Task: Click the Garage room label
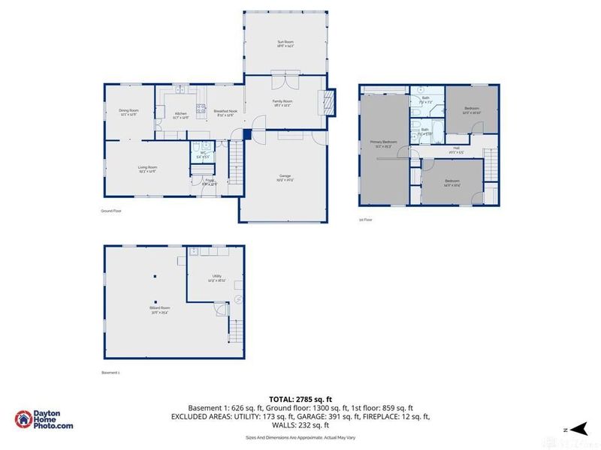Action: (285, 177)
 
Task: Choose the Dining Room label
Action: (128, 112)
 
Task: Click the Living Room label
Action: (147, 169)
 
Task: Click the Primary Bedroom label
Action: (383, 143)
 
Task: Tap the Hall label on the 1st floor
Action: (455, 149)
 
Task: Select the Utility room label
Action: (216, 277)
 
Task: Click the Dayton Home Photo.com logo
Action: (44, 420)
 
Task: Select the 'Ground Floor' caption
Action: (111, 211)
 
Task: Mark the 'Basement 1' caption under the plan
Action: (110, 373)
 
